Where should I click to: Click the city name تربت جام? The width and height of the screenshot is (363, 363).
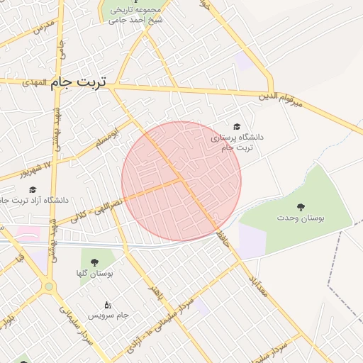[x=78, y=82]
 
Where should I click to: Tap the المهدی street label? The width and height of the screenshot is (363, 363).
[x=34, y=83]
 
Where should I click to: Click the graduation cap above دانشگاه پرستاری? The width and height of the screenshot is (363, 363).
[x=236, y=125]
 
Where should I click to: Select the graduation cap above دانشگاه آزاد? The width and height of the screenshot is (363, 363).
[x=32, y=189]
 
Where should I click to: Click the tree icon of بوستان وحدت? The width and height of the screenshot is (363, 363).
[x=301, y=207]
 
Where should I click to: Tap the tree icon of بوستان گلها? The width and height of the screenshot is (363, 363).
[x=94, y=262]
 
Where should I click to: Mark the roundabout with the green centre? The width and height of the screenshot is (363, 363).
[x=48, y=286]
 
